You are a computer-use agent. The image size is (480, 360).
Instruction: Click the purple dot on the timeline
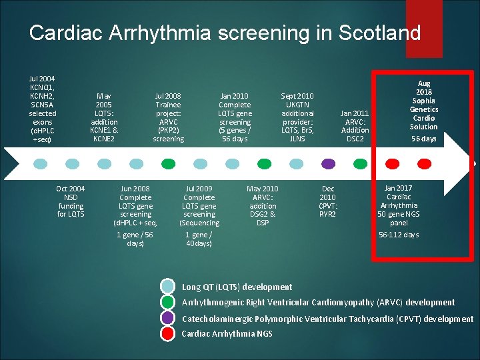(x=328, y=163)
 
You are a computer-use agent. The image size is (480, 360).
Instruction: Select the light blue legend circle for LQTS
(x=168, y=287)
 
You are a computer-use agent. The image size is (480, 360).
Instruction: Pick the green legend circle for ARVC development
(x=168, y=302)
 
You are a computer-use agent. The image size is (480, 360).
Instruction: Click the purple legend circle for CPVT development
(x=168, y=318)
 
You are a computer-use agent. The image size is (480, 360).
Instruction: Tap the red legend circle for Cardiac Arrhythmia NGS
(x=168, y=333)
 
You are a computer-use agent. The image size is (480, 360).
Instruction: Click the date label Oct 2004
(x=71, y=189)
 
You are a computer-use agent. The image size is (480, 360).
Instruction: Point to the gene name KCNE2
(x=104, y=139)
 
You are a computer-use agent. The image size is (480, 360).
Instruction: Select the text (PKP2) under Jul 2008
(x=168, y=130)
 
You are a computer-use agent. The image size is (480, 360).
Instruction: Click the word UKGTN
(x=297, y=105)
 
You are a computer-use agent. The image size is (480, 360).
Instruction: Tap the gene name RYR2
(x=327, y=214)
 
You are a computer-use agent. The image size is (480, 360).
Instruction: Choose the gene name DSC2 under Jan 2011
(x=355, y=139)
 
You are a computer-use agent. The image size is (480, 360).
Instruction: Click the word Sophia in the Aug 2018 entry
(x=424, y=101)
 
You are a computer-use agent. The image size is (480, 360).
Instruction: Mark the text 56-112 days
(x=399, y=235)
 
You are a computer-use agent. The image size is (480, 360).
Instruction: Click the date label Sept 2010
(x=297, y=96)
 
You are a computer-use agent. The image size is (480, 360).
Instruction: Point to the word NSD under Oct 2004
(x=71, y=197)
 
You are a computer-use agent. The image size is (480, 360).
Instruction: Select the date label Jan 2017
(x=399, y=188)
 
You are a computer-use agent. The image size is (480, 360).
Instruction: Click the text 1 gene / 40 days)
(x=199, y=239)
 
